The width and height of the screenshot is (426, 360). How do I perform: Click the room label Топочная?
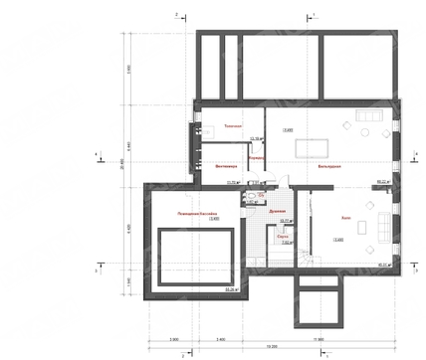(x=233, y=127)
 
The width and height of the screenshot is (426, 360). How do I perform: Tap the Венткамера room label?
(x=227, y=166)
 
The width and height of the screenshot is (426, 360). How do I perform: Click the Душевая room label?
(x=279, y=211)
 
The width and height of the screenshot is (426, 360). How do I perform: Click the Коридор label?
(x=257, y=159)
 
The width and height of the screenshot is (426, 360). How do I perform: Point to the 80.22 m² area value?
(x=381, y=182)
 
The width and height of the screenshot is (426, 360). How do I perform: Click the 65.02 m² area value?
(x=381, y=264)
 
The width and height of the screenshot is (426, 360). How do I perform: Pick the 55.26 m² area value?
(x=232, y=288)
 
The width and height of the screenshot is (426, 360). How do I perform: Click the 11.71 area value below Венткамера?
(x=234, y=182)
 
